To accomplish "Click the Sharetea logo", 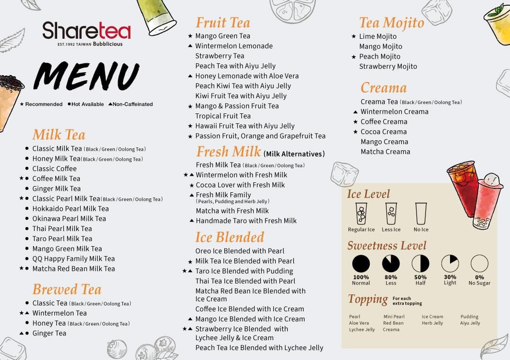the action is [x=86, y=34].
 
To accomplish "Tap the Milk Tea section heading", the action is [x=59, y=135].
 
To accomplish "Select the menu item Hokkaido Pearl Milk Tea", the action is [x=70, y=209].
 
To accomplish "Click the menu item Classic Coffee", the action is [x=54, y=169].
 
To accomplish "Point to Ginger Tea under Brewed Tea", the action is [x=49, y=334].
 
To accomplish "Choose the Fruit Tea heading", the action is [x=223, y=23].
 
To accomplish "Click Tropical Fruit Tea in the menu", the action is [x=223, y=116].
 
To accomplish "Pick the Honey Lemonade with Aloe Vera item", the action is [x=247, y=76].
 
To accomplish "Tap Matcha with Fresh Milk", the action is [x=232, y=211].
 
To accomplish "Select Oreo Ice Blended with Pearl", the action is [x=240, y=251].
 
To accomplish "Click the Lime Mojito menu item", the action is [x=378, y=36].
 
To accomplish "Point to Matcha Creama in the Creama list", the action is [x=385, y=152].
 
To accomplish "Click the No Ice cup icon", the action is [x=421, y=214].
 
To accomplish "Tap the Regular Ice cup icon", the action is [x=361, y=214].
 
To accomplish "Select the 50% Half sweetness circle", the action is [x=420, y=263].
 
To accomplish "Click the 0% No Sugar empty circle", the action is [x=479, y=263].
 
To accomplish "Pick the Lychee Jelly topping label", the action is [x=362, y=330].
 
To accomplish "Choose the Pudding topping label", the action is [x=469, y=317].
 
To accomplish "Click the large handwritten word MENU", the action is [x=86, y=76].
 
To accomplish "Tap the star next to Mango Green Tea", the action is [x=190, y=36].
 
